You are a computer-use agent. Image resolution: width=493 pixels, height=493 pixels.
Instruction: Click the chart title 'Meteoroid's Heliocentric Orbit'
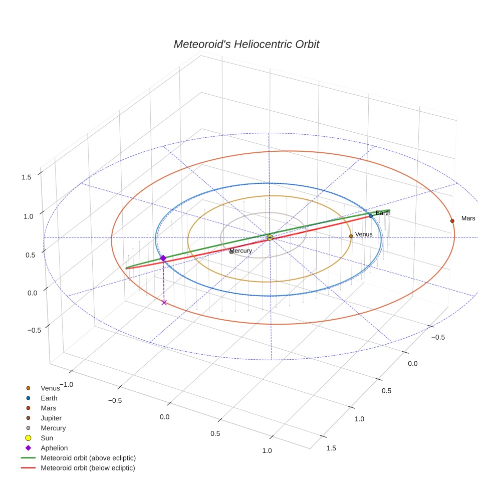pos(246,44)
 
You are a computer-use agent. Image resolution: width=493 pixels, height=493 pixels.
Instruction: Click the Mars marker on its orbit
pos(452,220)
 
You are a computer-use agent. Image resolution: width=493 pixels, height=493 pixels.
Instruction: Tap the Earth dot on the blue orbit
pos(371,216)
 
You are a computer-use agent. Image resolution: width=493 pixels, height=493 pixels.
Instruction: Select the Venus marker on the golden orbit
pos(351,236)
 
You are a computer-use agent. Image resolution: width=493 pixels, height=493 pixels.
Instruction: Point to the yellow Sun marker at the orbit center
pos(270,237)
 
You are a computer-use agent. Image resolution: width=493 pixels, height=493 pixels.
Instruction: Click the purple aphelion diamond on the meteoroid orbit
pos(163,258)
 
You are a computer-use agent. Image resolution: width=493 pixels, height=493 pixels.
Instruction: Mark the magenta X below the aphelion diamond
pos(164,302)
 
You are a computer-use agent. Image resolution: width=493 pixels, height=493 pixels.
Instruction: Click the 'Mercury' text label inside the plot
pos(240,251)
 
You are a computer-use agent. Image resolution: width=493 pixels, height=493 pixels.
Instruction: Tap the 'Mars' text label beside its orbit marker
pos(468,218)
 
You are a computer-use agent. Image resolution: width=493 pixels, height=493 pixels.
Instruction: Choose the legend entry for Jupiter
pos(51,418)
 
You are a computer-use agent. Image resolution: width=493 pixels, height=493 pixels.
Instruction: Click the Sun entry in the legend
pos(47,438)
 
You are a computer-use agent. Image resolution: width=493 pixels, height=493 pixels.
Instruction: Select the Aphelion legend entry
pos(54,448)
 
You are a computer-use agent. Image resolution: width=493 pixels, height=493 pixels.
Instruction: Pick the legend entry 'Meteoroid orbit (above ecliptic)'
pos(88,458)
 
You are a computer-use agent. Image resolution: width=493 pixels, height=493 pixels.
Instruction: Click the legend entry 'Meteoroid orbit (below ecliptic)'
pos(88,468)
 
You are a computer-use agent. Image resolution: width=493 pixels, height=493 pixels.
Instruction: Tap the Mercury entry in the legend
pos(53,428)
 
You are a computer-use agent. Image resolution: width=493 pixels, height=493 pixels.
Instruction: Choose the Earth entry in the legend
pos(49,398)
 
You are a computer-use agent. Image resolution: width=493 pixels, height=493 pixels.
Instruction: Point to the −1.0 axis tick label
pos(66,384)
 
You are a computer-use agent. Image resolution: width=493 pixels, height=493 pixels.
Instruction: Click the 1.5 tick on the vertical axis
pos(26,177)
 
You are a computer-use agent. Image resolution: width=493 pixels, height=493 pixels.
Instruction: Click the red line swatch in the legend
pos(28,468)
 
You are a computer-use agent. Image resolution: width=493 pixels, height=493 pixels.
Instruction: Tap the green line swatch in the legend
pos(28,458)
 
